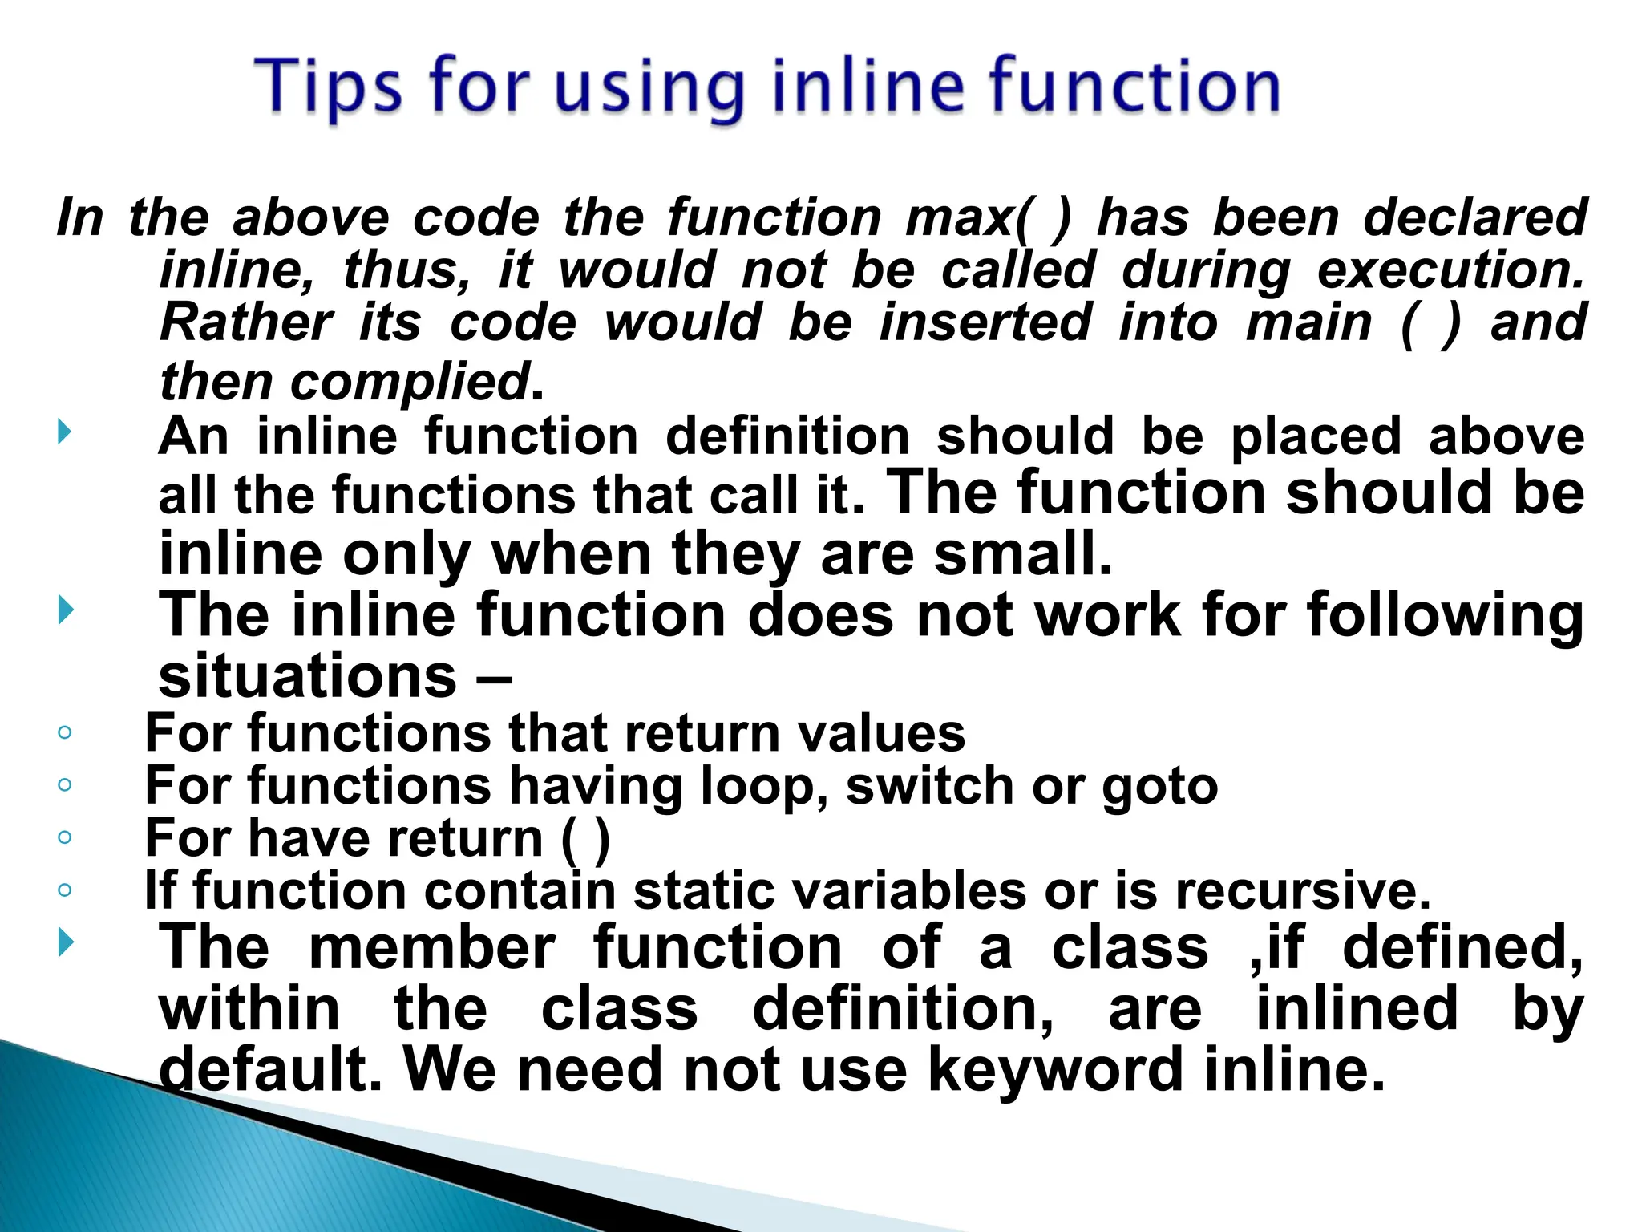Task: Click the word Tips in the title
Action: point(328,88)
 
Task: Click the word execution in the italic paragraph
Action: point(1450,270)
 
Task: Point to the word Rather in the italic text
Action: point(245,322)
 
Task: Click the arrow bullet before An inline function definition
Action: point(65,434)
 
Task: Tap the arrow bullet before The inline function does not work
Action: point(65,612)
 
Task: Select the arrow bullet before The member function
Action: point(65,942)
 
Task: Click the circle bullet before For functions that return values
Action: point(65,732)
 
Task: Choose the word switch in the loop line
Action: point(931,785)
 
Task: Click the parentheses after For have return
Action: point(586,839)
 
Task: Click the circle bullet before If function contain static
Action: point(65,890)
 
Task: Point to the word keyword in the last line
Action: point(1055,1070)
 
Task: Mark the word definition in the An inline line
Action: point(787,436)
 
